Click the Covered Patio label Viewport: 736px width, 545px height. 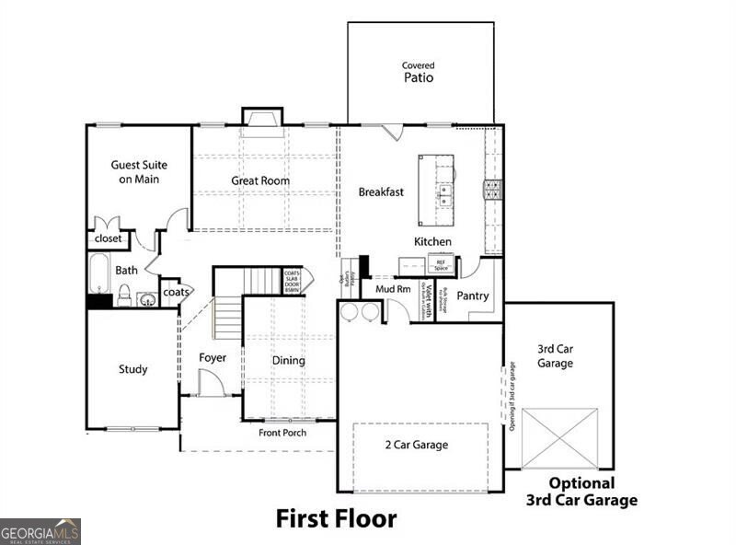coord(419,73)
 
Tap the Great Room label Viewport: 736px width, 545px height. coord(260,181)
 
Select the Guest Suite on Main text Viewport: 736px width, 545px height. coord(135,172)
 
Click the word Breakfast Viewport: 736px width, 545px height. coord(381,192)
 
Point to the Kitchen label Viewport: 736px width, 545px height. coord(432,242)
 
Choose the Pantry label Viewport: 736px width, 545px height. coord(473,296)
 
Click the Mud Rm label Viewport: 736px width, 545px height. coord(393,289)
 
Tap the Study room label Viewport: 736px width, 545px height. coord(132,370)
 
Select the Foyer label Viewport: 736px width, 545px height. coord(213,357)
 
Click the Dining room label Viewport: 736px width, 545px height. coord(288,361)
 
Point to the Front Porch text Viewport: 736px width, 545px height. coord(282,433)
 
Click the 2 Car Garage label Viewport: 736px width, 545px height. coord(417,446)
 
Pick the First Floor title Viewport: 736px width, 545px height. coord(336,518)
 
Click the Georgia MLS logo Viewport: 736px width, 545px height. coord(40,531)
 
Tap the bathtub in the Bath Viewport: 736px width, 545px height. coord(99,272)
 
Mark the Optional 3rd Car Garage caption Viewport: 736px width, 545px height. coord(581,493)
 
